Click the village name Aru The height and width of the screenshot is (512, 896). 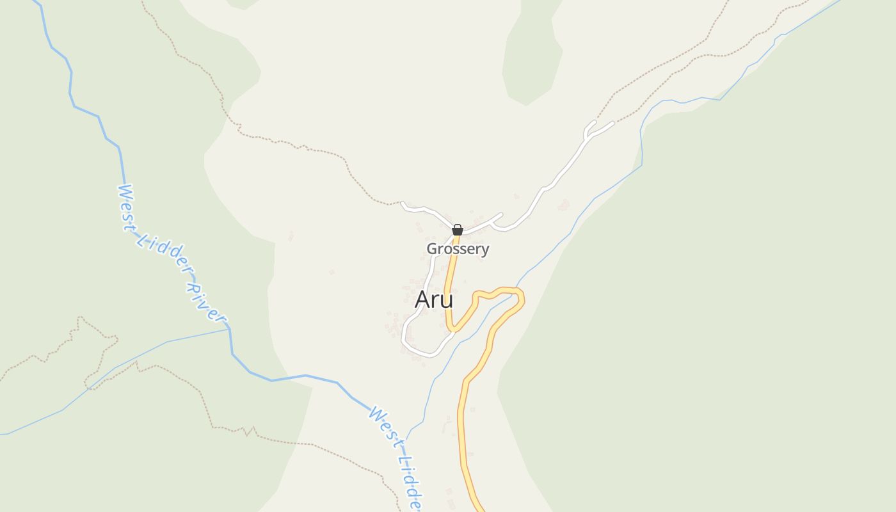coord(434,300)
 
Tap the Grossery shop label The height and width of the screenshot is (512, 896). coord(458,249)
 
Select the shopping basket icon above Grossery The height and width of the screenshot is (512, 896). coord(458,230)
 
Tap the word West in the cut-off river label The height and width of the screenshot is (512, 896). coord(384,422)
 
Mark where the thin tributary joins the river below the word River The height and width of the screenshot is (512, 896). coord(228,329)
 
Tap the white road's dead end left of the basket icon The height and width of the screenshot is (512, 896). coord(403,204)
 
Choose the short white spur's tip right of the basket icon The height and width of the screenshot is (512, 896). coord(500,215)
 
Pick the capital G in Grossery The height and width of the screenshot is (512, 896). coord(432,249)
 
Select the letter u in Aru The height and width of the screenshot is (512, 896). coord(447,301)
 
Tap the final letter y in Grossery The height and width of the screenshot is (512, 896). coord(485,250)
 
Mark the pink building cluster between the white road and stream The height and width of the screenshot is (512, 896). coord(564,205)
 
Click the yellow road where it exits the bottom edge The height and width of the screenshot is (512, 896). coord(479,509)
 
